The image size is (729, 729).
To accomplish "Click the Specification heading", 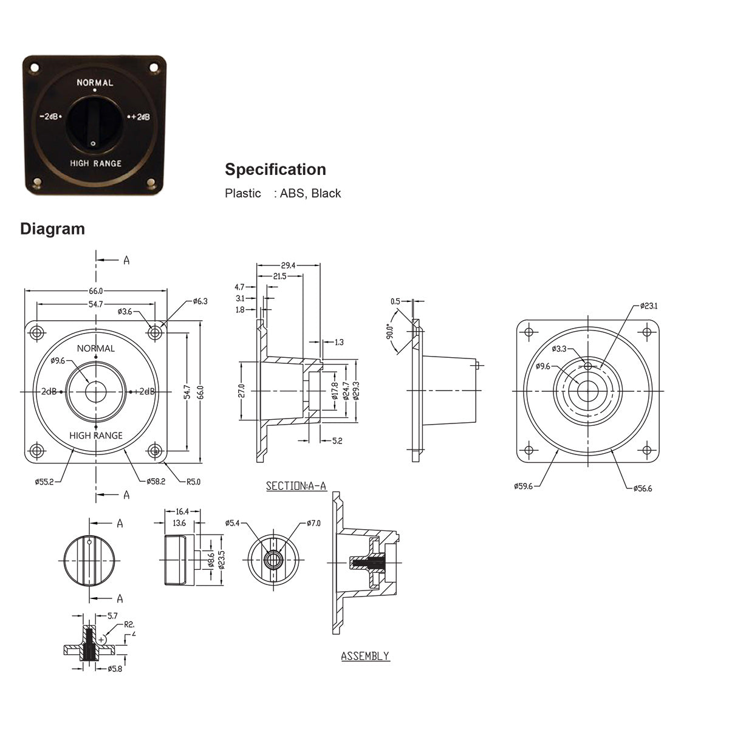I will (275, 169).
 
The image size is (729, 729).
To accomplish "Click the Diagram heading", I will (52, 229).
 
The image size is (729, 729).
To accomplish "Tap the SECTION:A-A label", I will (296, 486).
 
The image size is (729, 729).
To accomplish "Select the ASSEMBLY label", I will (364, 656).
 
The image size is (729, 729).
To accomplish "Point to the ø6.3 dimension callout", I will (200, 301).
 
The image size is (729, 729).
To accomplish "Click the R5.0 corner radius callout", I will (193, 482).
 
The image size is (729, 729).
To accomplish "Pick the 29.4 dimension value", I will (289, 265).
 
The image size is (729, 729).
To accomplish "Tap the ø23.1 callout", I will (648, 306).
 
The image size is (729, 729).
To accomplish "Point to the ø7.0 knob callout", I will (313, 523).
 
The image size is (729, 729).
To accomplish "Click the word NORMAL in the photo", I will (95, 83).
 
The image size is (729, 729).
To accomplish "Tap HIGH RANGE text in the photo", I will (95, 163).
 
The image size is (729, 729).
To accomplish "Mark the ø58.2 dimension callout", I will (156, 481).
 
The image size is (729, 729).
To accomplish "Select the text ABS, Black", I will (310, 194).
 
